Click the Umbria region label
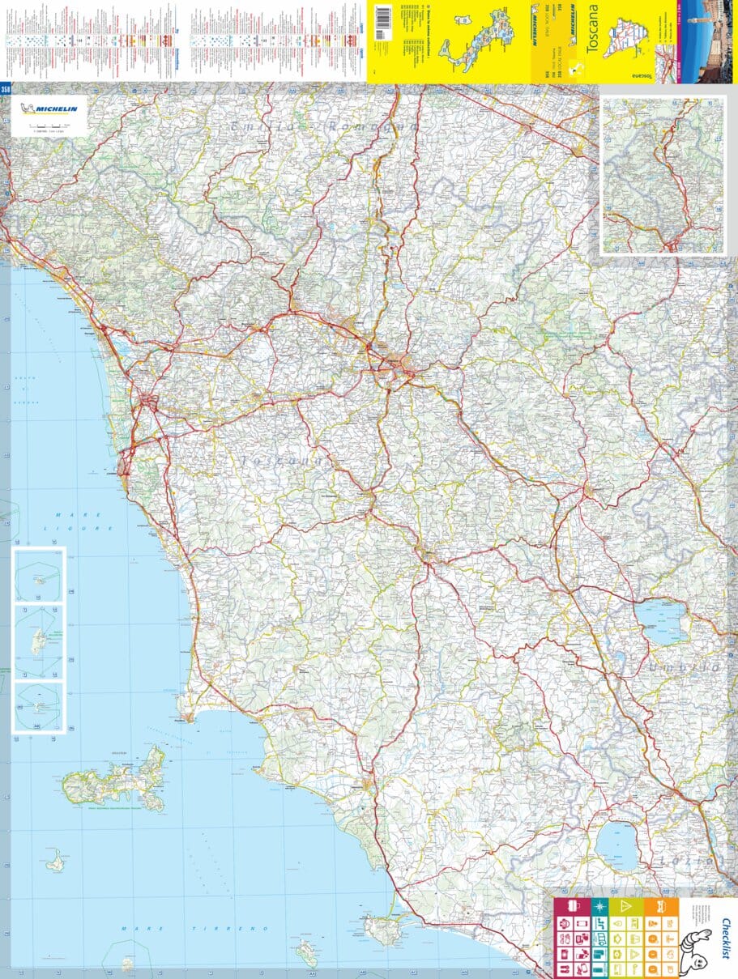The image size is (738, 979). tap(685, 666)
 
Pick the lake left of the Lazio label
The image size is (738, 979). tap(617, 846)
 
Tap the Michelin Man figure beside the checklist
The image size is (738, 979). tap(693, 948)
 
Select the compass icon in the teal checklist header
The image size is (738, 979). tap(600, 906)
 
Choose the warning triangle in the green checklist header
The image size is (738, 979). tap(625, 906)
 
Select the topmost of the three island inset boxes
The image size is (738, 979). tap(39, 574)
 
